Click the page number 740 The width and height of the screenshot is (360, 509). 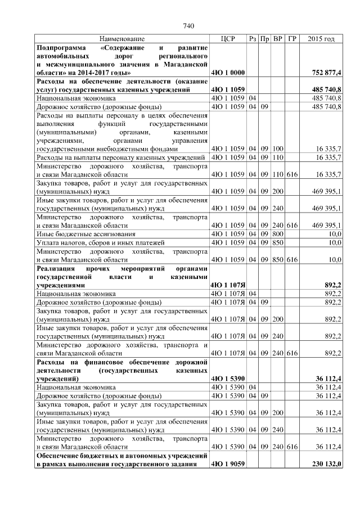tap(188, 25)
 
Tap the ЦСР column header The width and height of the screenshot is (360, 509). tap(228, 39)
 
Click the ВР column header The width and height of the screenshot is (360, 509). tap(277, 39)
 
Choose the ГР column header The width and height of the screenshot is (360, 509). tap(291, 39)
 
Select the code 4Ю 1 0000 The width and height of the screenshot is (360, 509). tap(227, 73)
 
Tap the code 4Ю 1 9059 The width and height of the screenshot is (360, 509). tap(227, 464)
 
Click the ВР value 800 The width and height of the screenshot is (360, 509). tap(277, 233)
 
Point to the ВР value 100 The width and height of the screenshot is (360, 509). tap(277, 149)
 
